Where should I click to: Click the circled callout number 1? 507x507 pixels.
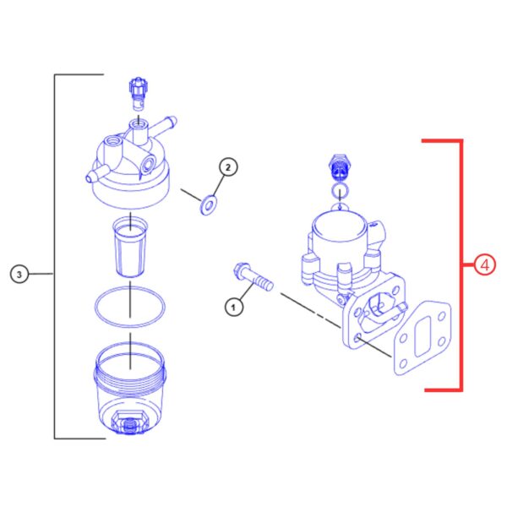[x=234, y=307]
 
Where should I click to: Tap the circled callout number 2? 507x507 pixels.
[x=228, y=167]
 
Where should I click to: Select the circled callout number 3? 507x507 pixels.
[x=19, y=275]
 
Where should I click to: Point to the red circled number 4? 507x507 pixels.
[x=485, y=265]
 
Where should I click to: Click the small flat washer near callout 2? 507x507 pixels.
[x=209, y=205]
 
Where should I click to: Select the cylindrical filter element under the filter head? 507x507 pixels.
[x=130, y=248]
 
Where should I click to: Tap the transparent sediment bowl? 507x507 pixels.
[x=129, y=388]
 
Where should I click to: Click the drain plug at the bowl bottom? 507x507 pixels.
[x=129, y=422]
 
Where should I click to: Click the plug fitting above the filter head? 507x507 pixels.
[x=138, y=93]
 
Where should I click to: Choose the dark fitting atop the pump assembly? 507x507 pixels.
[x=340, y=167]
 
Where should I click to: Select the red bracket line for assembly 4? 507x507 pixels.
[x=461, y=265]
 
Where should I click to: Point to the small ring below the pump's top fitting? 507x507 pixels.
[x=340, y=190]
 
